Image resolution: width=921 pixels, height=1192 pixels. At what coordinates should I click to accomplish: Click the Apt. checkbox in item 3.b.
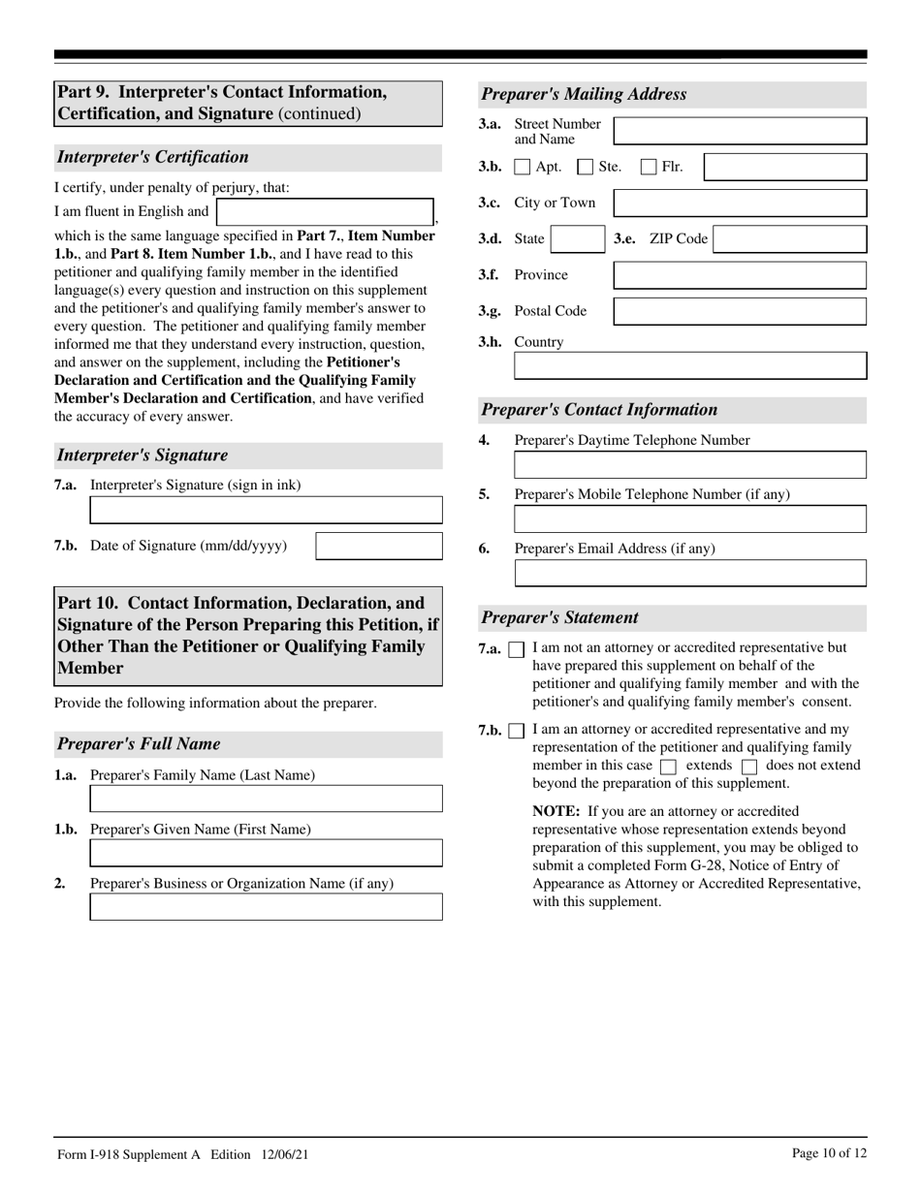pos(522,168)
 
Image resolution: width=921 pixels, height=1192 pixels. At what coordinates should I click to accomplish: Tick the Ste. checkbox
pos(586,168)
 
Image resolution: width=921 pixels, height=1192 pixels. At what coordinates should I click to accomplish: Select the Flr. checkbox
pos(649,168)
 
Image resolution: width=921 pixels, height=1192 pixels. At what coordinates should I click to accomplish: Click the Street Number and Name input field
pos(740,131)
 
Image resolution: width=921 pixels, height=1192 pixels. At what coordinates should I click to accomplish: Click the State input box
pos(577,239)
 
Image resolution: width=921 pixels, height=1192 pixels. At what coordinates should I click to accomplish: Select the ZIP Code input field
pos(789,239)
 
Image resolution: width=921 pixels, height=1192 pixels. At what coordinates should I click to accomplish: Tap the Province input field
pos(740,275)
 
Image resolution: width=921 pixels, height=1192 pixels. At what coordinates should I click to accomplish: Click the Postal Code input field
pos(740,311)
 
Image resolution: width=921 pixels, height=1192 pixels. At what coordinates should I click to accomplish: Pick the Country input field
pos(689,365)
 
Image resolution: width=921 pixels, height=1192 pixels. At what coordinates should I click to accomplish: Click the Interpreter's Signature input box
pos(266,510)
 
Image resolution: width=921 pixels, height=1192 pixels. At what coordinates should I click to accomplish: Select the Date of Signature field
pos(379,547)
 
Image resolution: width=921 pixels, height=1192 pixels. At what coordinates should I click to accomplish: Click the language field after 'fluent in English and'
pos(325,212)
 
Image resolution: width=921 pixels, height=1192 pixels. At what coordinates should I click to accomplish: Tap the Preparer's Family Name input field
pos(266,799)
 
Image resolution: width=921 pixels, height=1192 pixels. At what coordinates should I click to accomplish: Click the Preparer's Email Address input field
pos(689,573)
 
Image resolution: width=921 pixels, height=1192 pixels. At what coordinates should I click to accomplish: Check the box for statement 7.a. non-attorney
pos(516,649)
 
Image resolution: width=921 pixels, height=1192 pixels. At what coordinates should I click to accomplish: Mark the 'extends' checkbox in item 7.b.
pos(667,767)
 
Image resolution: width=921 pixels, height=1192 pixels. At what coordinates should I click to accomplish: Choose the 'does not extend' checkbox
pos(748,767)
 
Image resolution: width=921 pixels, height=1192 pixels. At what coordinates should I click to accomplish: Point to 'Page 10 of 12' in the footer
pos(829,1153)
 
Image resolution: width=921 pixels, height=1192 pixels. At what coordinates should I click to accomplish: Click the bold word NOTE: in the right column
pos(556,811)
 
